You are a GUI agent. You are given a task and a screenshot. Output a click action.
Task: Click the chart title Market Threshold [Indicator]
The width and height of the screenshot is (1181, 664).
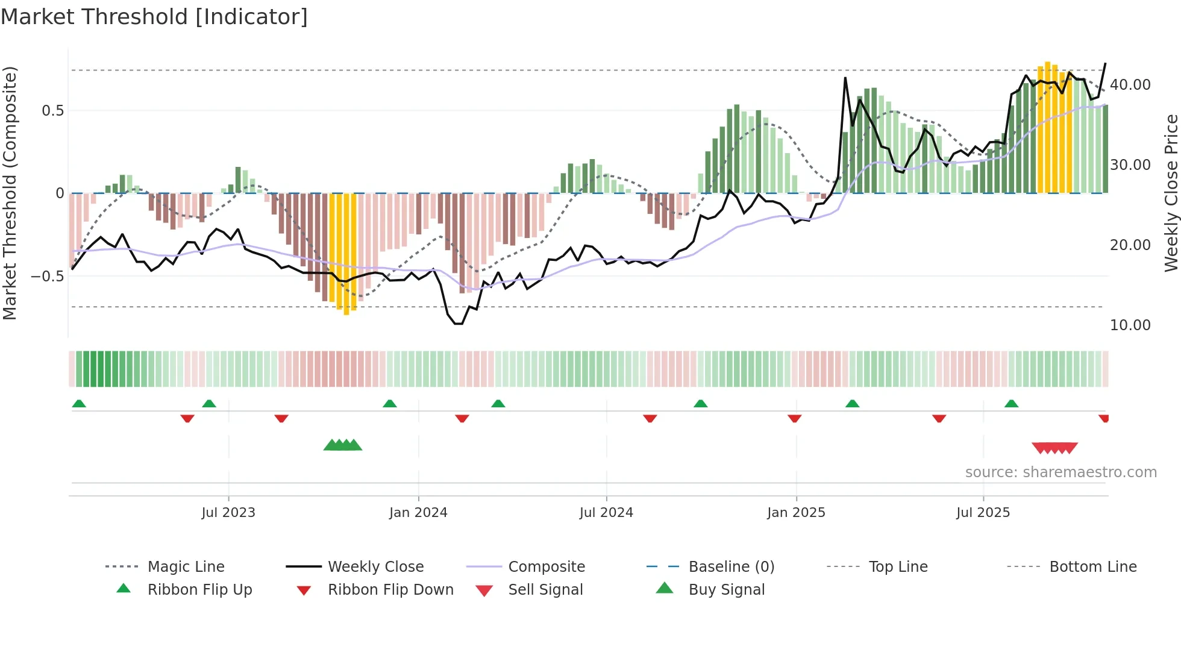click(154, 17)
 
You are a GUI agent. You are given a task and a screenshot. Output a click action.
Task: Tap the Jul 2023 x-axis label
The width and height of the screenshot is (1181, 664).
click(228, 513)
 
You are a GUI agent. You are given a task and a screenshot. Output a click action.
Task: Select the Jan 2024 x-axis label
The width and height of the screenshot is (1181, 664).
click(418, 513)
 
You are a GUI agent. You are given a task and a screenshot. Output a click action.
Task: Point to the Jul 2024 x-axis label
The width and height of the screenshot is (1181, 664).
click(606, 513)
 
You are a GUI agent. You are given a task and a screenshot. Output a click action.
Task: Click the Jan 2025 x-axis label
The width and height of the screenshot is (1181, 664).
click(796, 513)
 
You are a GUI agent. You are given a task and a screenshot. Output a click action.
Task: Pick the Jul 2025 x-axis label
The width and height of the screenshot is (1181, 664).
click(983, 513)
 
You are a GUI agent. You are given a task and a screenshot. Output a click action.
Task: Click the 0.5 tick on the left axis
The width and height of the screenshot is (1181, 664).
click(53, 111)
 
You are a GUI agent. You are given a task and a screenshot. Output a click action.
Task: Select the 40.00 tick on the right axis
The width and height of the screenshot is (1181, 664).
click(1130, 85)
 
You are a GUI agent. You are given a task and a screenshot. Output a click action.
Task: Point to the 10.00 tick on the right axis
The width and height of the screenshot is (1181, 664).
click(1130, 325)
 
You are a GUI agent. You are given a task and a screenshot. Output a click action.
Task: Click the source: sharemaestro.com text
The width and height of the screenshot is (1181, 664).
click(1060, 472)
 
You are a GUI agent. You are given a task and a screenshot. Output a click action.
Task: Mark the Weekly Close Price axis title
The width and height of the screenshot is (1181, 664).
click(1171, 193)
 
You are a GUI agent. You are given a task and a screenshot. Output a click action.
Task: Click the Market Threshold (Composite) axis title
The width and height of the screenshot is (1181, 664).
click(10, 193)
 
